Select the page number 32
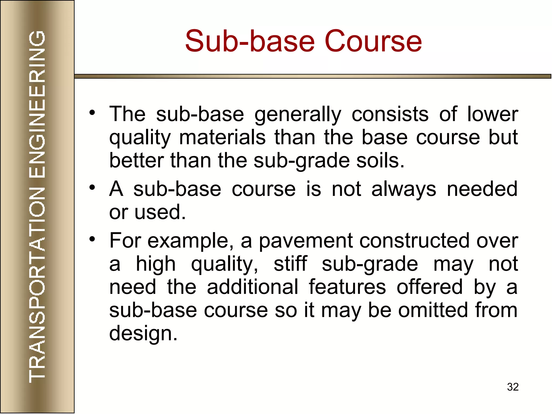tap(513, 387)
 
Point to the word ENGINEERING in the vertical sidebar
tap(37, 104)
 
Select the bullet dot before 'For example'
tap(92, 239)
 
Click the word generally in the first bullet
tap(298, 115)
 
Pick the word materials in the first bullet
tap(222, 137)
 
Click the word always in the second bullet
tap(403, 189)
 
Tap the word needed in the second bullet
tap(482, 189)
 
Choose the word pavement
tap(306, 241)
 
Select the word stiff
tap(290, 264)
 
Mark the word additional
tap(253, 287)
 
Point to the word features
tap(347, 287)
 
